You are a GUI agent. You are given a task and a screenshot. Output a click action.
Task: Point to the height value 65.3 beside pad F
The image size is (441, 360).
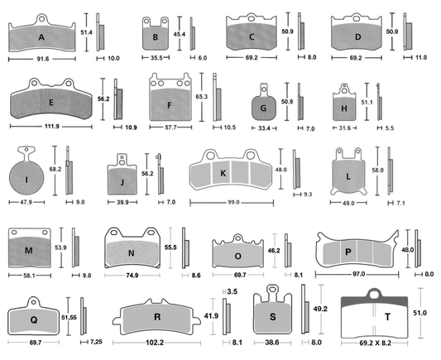[x=201, y=96]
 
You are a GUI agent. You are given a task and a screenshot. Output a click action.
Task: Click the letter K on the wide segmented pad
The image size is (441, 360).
[x=223, y=172]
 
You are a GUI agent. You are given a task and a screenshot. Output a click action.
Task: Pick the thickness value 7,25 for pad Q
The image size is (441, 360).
[x=96, y=341]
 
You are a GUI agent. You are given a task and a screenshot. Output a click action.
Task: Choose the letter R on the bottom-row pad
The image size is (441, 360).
[x=158, y=316]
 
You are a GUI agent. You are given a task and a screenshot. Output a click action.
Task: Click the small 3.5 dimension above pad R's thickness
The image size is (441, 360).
[x=232, y=291]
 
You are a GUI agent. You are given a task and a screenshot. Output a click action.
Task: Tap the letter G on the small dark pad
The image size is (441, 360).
[x=264, y=108]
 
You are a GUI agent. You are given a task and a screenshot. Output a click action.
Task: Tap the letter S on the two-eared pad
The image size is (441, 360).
[x=272, y=317]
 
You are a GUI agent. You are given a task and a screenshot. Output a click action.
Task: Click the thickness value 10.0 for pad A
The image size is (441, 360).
[x=113, y=59]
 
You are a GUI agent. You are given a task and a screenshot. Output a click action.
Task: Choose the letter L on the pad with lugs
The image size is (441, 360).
[x=348, y=177]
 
